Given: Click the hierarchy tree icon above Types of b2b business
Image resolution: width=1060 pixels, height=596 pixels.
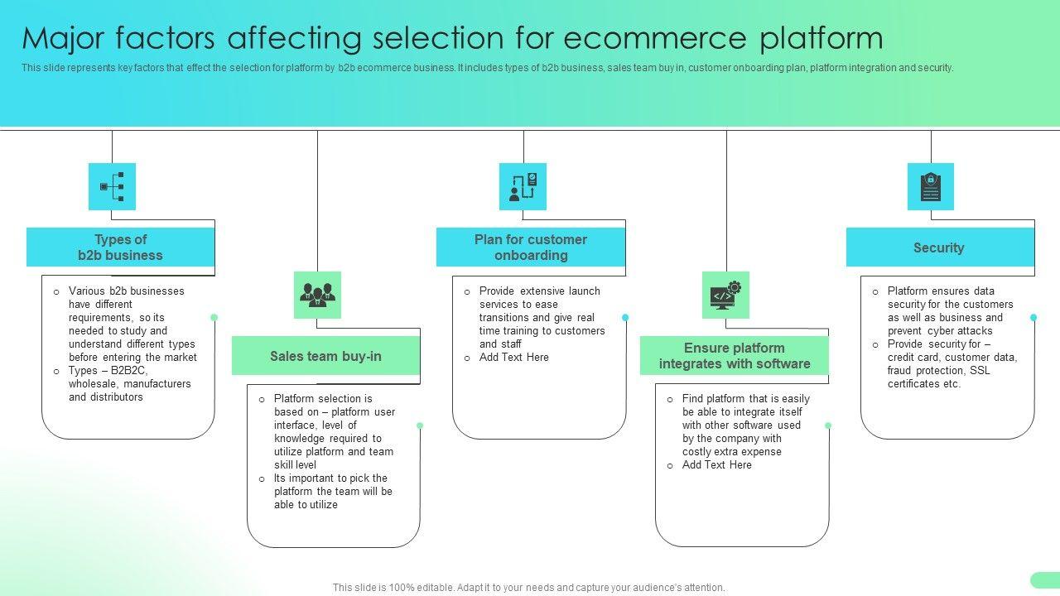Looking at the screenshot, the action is [x=112, y=186].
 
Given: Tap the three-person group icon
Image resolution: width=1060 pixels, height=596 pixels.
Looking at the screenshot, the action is [x=317, y=295].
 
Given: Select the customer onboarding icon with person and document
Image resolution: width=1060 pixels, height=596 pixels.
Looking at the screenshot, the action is [x=523, y=186].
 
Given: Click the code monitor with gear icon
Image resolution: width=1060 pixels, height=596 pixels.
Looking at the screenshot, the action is [x=726, y=296].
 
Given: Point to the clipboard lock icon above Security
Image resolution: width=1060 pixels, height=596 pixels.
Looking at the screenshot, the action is [x=930, y=186].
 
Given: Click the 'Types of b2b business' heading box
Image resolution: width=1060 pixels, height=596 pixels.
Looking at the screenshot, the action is [x=120, y=247].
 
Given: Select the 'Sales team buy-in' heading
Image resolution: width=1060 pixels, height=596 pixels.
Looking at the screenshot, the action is [x=325, y=356].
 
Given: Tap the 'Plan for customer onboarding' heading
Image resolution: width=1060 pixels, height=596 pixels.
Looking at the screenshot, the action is [x=531, y=247].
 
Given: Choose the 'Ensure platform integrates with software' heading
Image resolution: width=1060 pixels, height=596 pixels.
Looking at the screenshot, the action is [x=735, y=356].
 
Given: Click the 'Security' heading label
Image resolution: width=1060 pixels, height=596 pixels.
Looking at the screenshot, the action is [x=938, y=248].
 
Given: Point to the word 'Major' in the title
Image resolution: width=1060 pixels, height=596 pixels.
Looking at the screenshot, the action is [x=63, y=39].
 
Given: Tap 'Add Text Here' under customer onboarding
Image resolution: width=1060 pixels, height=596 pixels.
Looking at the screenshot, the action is [x=514, y=357].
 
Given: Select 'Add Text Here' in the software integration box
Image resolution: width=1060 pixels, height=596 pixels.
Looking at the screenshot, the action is [x=717, y=465].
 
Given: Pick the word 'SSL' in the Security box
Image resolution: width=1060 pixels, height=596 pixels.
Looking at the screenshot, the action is [x=980, y=370].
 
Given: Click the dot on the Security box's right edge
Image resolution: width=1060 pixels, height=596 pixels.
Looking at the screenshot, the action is [x=1033, y=317].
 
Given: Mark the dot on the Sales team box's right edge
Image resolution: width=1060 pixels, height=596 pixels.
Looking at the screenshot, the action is [x=420, y=425].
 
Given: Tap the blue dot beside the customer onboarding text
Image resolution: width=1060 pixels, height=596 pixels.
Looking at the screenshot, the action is [x=625, y=317].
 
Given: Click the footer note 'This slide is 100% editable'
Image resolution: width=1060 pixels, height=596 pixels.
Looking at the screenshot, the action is [x=528, y=588].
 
